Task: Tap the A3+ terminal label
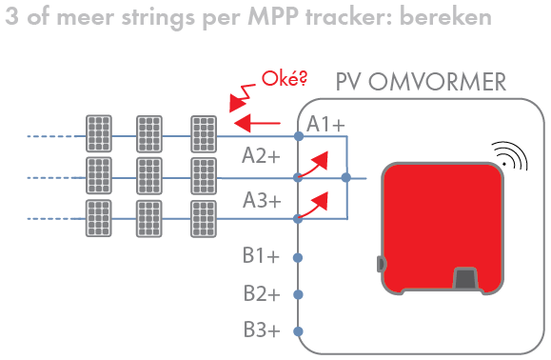(261, 200)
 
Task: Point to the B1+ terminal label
(261, 256)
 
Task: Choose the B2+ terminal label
(261, 293)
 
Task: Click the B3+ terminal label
(261, 330)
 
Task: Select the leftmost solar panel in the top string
(98, 131)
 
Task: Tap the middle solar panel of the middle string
(150, 175)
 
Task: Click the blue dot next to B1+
(298, 257)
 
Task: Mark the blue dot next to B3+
(298, 331)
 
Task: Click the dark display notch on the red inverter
(465, 280)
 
